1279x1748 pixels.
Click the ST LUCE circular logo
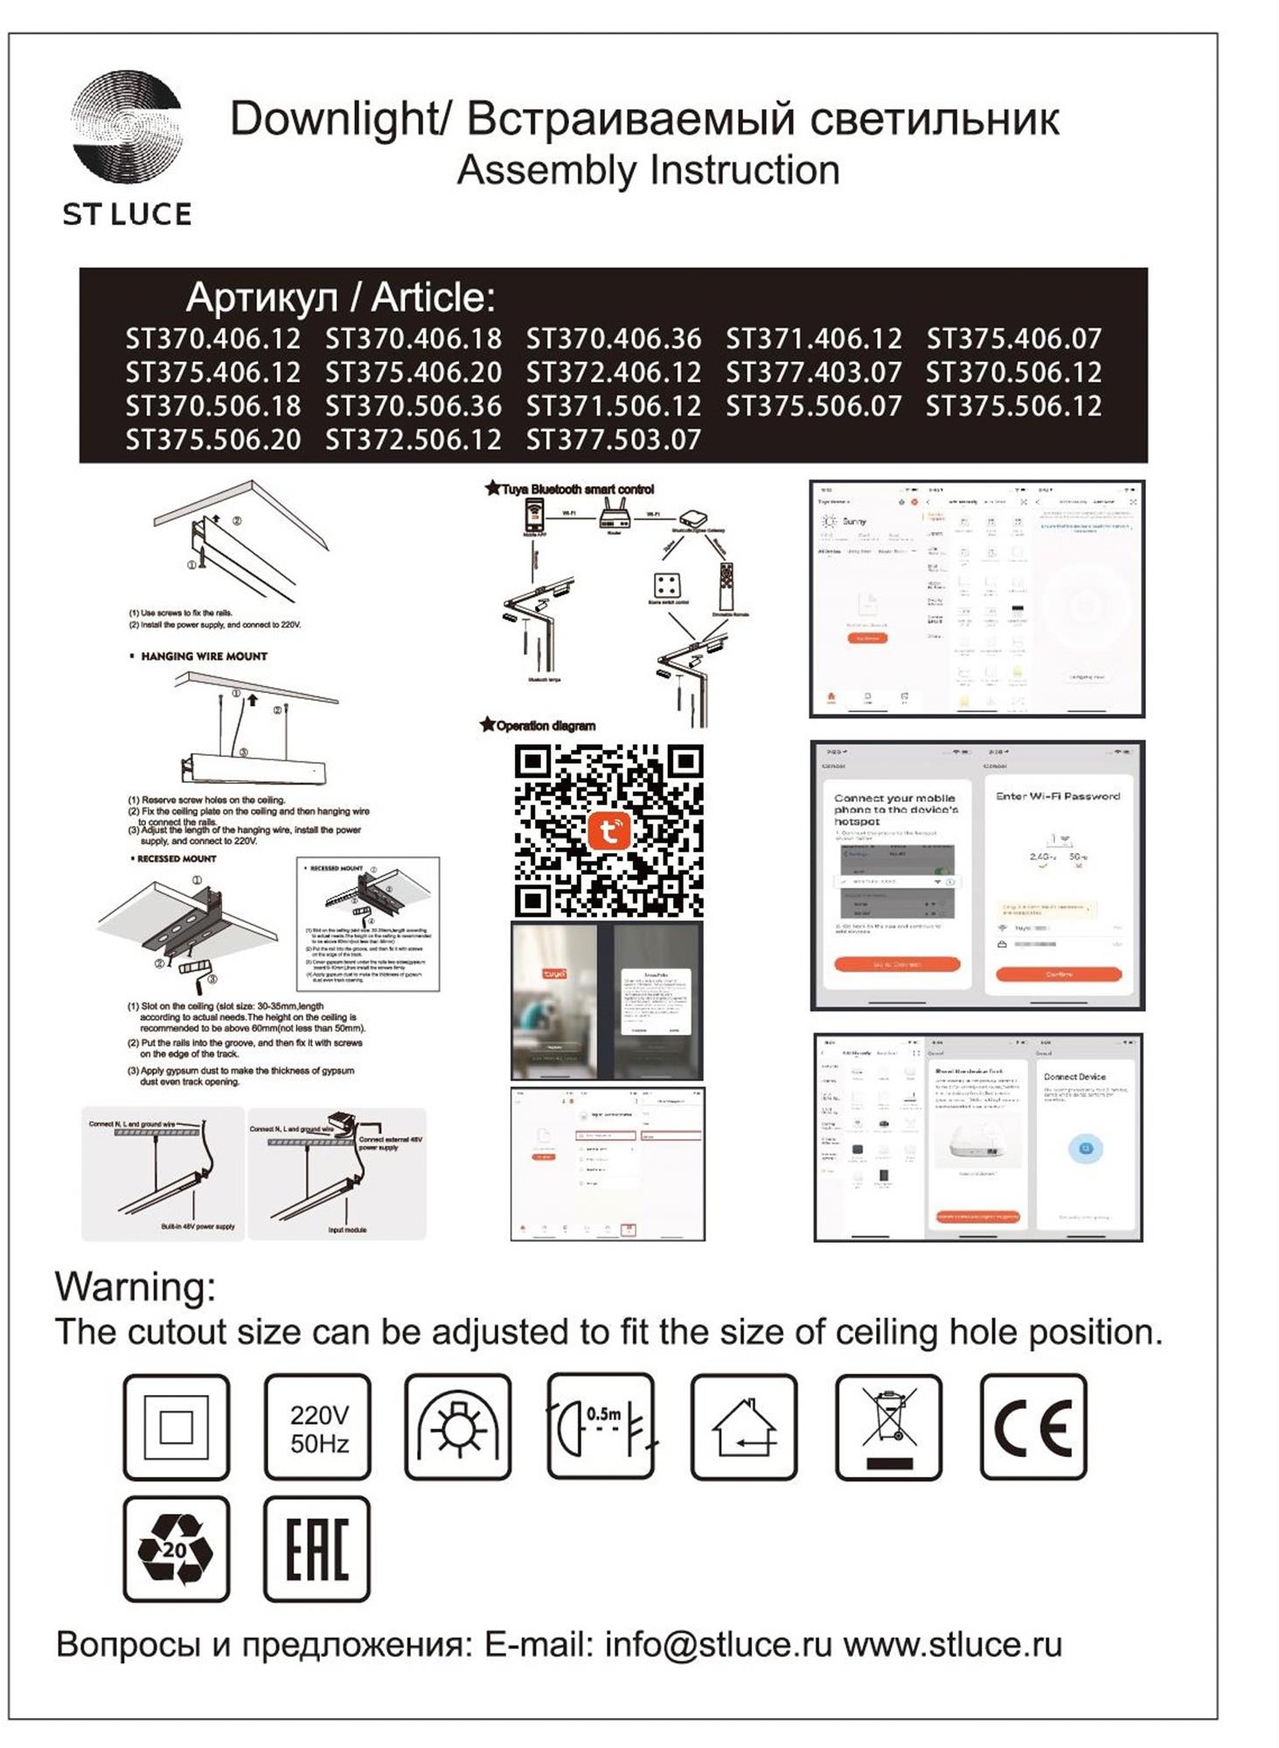coord(127,127)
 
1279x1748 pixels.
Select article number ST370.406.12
coord(212,339)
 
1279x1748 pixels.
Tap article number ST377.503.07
coord(613,440)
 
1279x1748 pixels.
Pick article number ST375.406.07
coord(1013,339)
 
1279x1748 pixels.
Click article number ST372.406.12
coord(613,373)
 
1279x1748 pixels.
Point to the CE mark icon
coord(1032,1426)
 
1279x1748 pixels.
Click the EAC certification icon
coord(316,1549)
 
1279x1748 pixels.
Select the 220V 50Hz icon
coord(318,1427)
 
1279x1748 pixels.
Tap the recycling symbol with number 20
coord(176,1549)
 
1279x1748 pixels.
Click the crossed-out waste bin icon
coord(888,1426)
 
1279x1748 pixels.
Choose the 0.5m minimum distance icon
coord(601,1426)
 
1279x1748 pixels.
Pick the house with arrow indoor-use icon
coord(743,1427)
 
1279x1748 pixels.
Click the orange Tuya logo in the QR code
coord(608,830)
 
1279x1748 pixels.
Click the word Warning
coord(135,1287)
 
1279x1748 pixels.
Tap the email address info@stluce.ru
coord(718,1645)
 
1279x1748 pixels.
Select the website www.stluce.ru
coord(952,1645)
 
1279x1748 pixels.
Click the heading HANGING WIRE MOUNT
coord(204,656)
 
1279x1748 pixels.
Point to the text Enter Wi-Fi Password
coord(1058,796)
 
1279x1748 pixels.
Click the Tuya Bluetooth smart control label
coord(577,489)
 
